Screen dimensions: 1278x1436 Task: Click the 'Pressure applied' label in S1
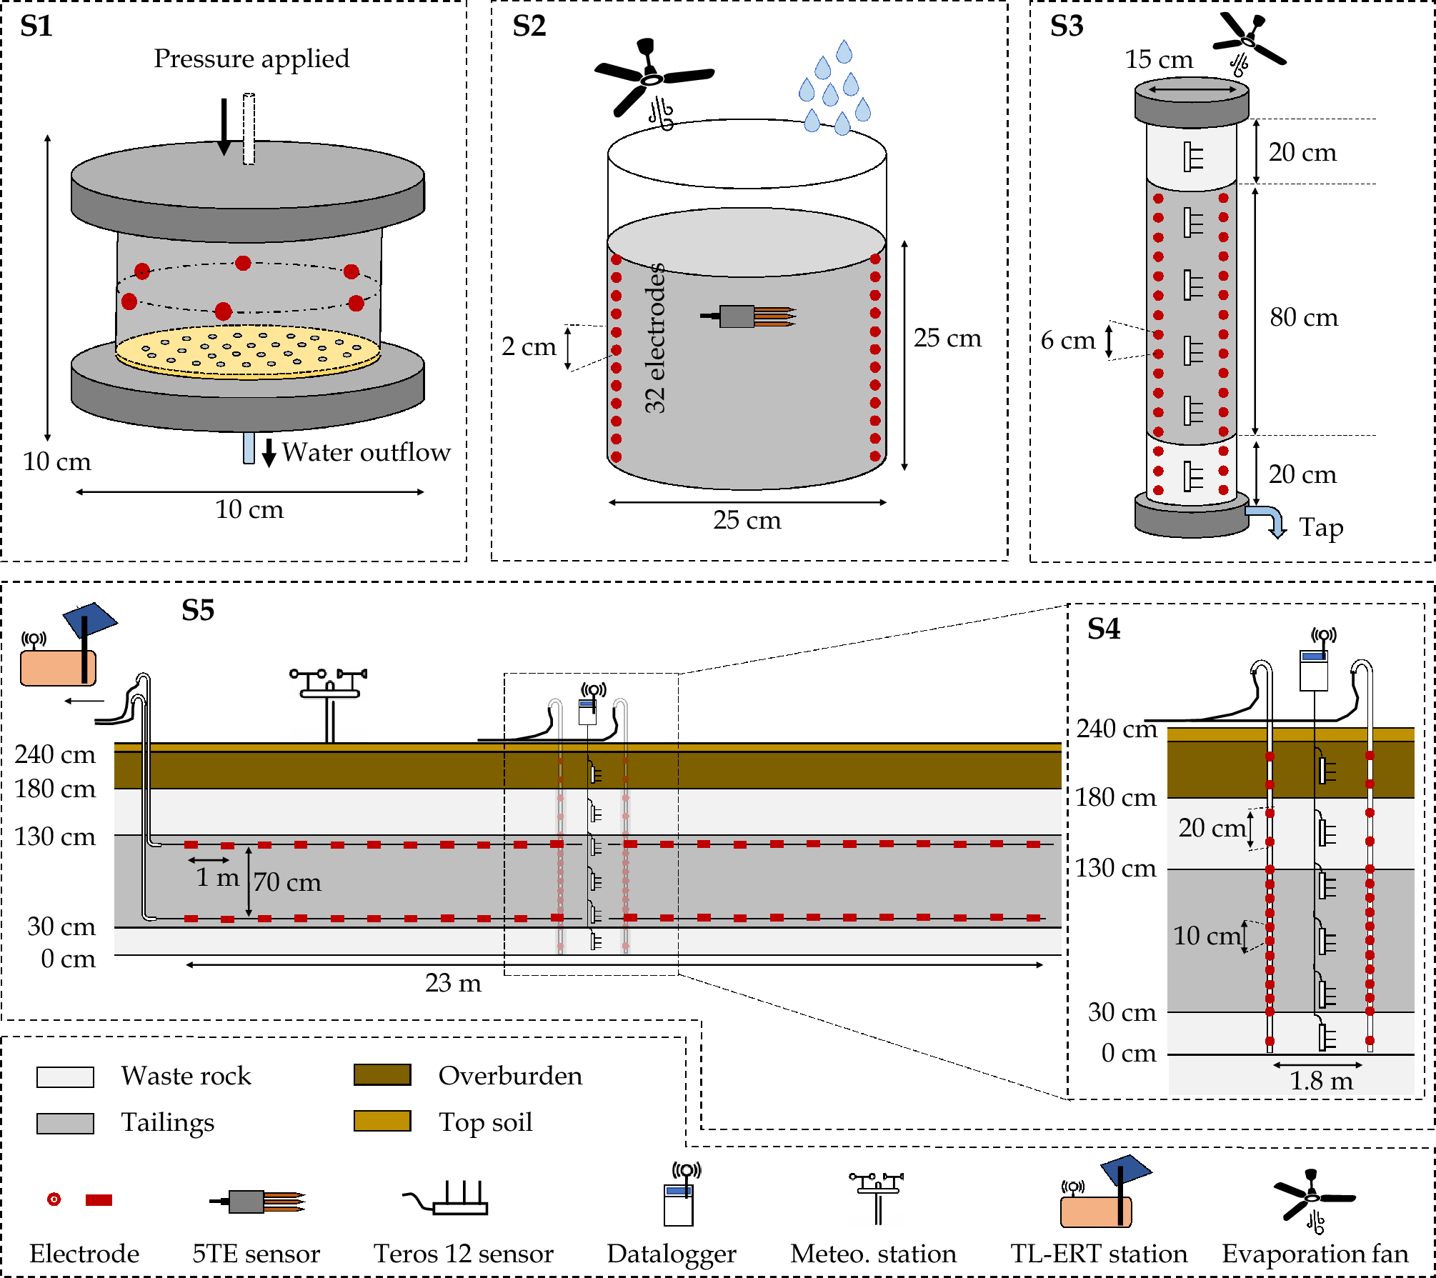(x=251, y=59)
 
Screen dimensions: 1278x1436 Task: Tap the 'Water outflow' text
(x=366, y=452)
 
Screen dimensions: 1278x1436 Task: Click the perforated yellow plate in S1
(x=247, y=351)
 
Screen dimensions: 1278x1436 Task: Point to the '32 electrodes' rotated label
(x=654, y=338)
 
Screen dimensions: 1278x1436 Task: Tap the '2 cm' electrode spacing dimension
(x=529, y=346)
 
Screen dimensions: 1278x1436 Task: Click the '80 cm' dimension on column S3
(x=1303, y=317)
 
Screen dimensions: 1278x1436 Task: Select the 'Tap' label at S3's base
(x=1320, y=527)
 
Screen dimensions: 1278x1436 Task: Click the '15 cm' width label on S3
(x=1158, y=59)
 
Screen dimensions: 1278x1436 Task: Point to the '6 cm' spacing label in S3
(x=1067, y=341)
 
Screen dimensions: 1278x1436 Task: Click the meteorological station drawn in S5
(x=329, y=704)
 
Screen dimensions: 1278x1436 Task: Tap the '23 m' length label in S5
(x=453, y=983)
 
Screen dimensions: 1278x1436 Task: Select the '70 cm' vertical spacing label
(x=287, y=882)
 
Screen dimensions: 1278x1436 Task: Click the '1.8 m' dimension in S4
(x=1320, y=1081)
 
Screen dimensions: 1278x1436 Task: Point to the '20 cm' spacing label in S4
(x=1212, y=828)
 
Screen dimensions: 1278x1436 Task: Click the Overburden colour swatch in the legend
(x=382, y=1075)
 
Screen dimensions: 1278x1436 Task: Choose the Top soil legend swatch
(x=382, y=1121)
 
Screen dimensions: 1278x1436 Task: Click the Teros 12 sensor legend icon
(x=447, y=1199)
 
